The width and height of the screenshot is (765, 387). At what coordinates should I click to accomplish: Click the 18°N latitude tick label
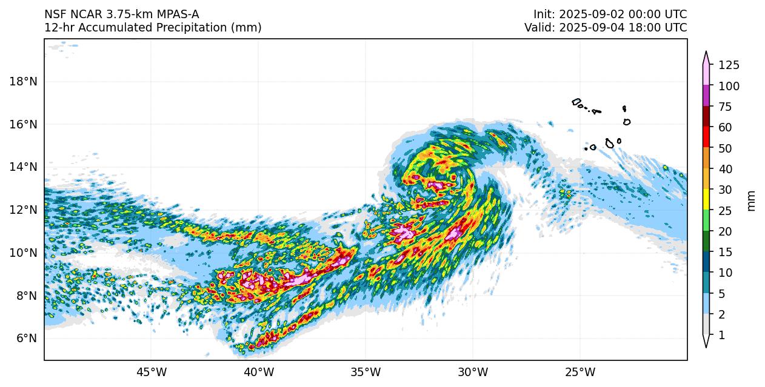pyautogui.click(x=24, y=82)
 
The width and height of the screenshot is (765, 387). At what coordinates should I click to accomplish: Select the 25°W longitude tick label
pyautogui.click(x=580, y=371)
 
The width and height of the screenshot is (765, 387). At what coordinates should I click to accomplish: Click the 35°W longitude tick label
pyautogui.click(x=366, y=371)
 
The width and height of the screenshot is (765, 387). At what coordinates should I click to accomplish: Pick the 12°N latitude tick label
pyautogui.click(x=24, y=210)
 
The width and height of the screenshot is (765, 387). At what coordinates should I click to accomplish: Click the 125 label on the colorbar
pyautogui.click(x=729, y=65)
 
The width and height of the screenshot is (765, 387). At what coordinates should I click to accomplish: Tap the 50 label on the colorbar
pyautogui.click(x=726, y=148)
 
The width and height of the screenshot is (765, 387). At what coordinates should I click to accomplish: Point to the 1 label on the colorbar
pyautogui.click(x=721, y=335)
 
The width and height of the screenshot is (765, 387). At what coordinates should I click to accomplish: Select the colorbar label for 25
pyautogui.click(x=726, y=211)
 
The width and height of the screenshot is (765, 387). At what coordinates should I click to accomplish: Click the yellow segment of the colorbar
pyautogui.click(x=706, y=199)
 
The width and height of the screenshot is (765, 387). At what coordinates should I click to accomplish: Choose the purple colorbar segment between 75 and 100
pyautogui.click(x=706, y=96)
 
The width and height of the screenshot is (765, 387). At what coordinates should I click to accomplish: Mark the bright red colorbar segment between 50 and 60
pyautogui.click(x=706, y=137)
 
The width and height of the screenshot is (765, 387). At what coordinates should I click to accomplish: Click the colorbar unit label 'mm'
pyautogui.click(x=752, y=200)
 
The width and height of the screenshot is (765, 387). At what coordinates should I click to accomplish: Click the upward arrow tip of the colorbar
pyautogui.click(x=706, y=53)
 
